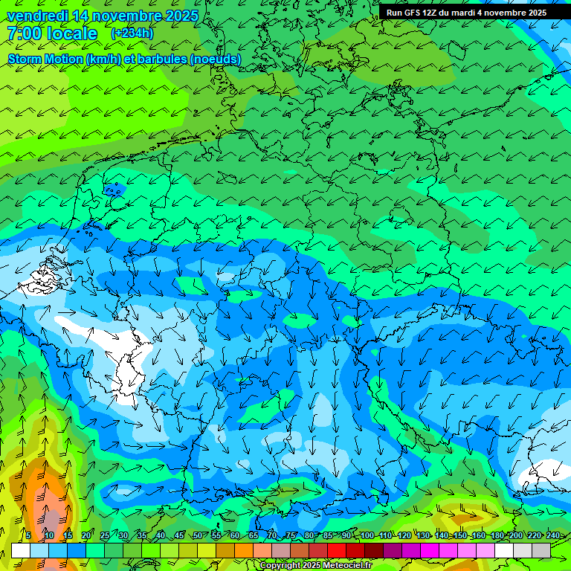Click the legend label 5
point(28,535)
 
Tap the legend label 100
point(367,535)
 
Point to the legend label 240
point(553,535)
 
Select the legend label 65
point(254,535)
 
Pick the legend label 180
point(497,535)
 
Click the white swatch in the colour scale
point(21,550)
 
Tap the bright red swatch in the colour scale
point(337,550)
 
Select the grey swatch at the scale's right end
point(541,550)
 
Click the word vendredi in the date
point(37,16)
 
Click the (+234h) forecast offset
point(132,33)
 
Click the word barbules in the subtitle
point(161,59)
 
